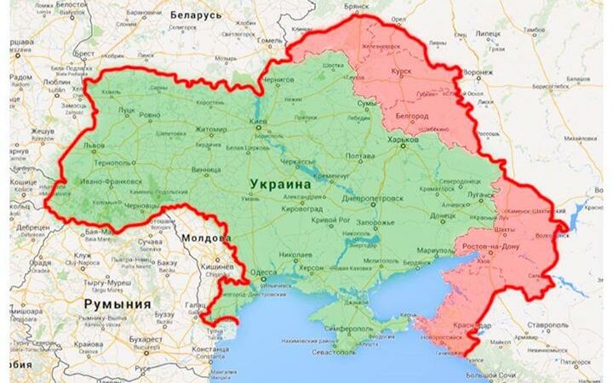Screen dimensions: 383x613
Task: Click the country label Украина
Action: pyautogui.click(x=280, y=183)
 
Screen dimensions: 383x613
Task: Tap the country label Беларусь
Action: pyautogui.click(x=197, y=14)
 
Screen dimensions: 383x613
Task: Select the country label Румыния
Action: pyautogui.click(x=117, y=303)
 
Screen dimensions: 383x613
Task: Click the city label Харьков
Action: pyautogui.click(x=403, y=139)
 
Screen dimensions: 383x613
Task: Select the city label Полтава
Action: pyautogui.click(x=358, y=157)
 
